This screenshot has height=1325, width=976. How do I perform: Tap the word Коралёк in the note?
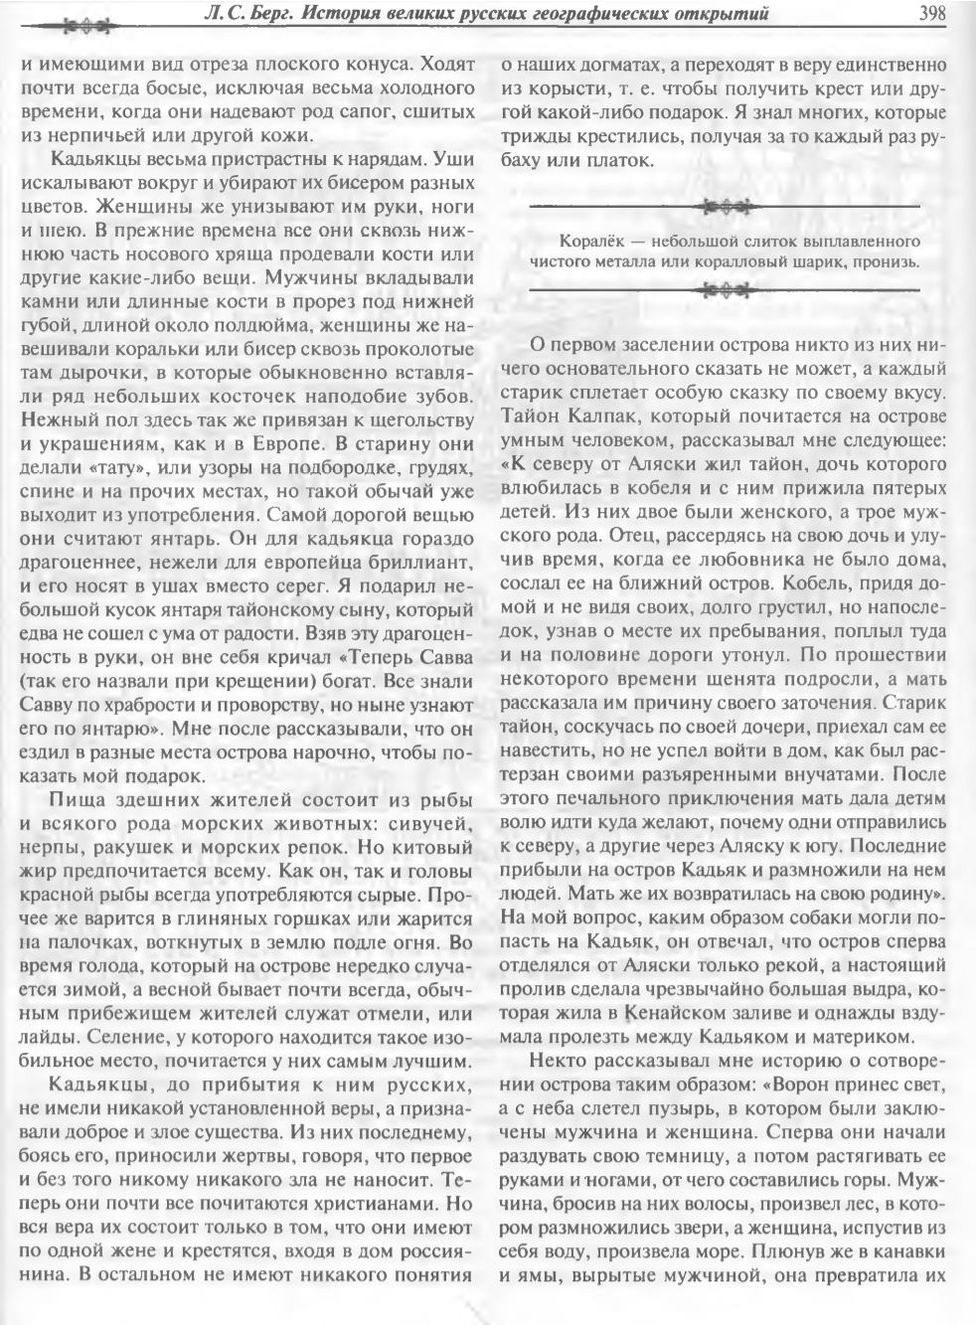[x=593, y=242]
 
